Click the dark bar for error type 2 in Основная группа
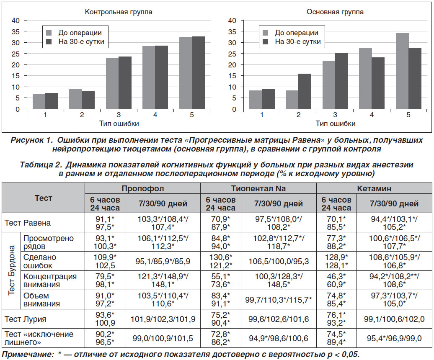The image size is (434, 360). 305,92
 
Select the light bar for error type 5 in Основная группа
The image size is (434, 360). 402,71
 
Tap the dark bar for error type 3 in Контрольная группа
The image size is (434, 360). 125,83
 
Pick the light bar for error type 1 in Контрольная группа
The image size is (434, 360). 39,101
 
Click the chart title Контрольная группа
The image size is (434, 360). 119,12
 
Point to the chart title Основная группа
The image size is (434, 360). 335,12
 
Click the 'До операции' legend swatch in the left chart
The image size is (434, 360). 49,33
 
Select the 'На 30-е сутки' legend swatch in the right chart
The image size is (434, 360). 265,42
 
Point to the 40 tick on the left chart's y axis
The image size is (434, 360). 15,21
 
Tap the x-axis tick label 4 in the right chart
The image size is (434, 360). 372,115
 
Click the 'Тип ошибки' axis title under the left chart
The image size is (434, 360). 119,123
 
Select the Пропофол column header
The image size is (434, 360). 143,188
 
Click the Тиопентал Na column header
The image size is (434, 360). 258,188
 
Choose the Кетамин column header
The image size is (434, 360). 374,188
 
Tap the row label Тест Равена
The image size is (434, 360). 28,223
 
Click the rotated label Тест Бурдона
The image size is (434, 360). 11,270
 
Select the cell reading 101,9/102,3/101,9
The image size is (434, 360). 163,319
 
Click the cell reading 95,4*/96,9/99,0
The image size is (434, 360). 395,338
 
